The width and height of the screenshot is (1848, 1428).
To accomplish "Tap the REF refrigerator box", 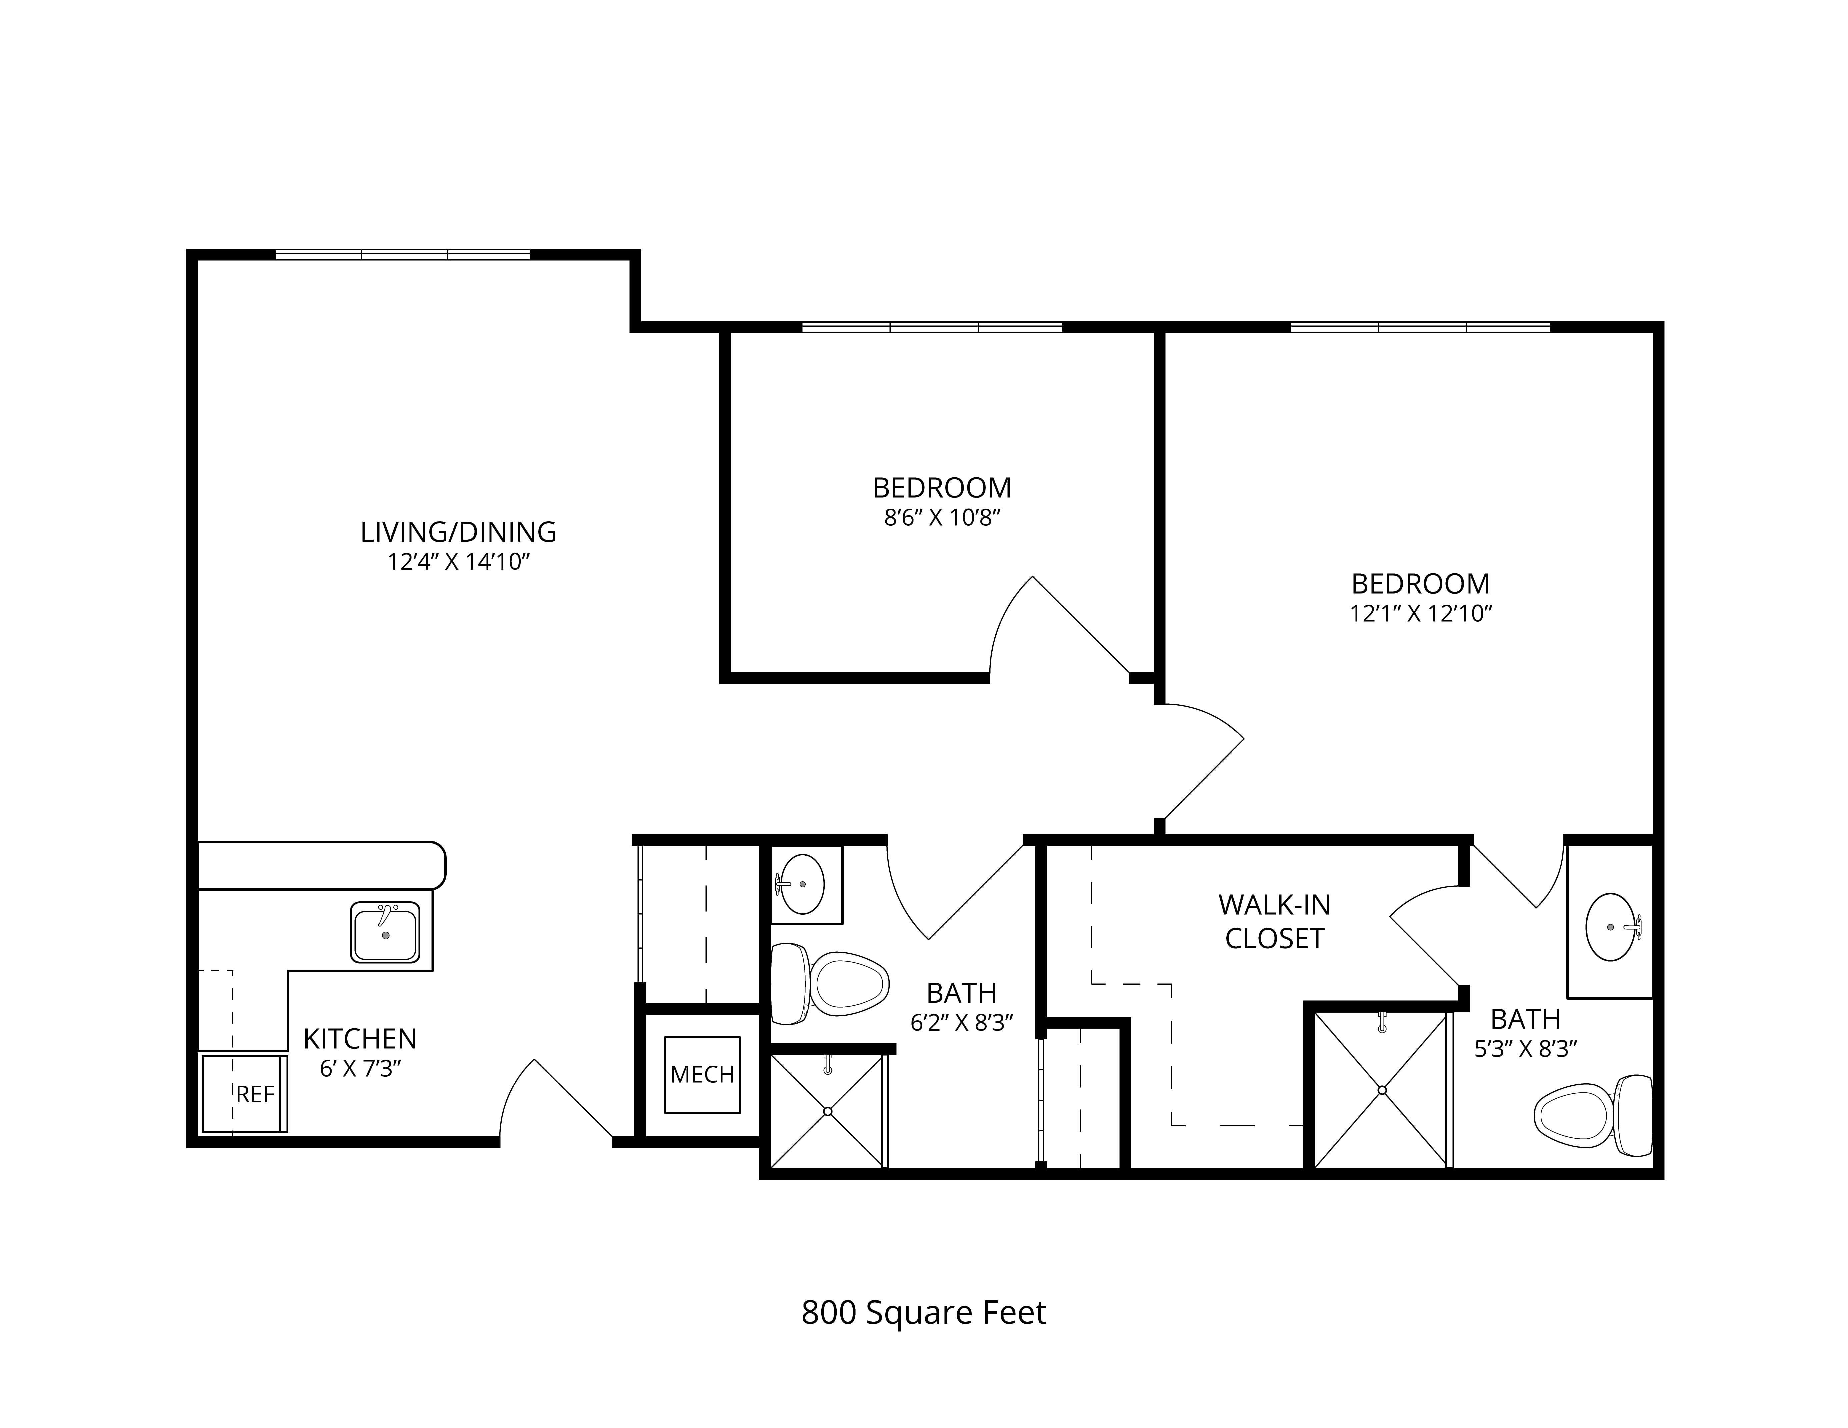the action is pos(244,1093).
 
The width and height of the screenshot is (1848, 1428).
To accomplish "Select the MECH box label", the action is pos(702,1074).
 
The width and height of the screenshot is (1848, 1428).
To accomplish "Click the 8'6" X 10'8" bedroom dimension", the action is pos(943,518).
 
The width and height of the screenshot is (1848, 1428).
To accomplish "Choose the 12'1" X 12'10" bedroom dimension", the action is pos(1421,613).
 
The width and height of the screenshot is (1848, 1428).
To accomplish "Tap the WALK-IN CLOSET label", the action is pos(1274,921).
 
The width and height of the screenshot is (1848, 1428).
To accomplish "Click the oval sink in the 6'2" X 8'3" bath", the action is pos(800,884).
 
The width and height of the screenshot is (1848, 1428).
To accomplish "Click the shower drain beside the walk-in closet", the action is pos(1382,1090).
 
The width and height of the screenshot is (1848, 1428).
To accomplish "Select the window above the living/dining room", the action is pos(403,254).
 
